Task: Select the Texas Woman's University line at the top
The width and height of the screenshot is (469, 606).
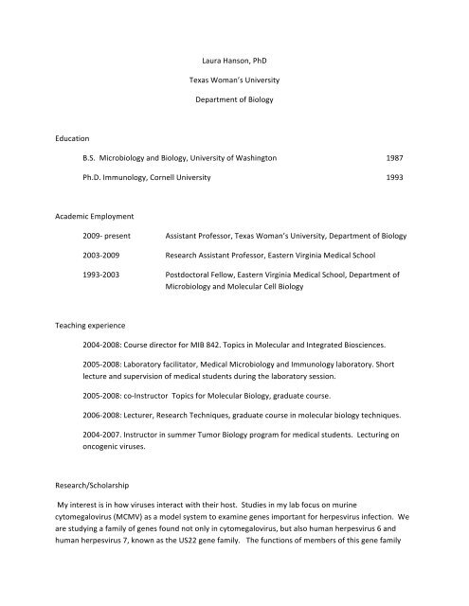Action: click(234, 97)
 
